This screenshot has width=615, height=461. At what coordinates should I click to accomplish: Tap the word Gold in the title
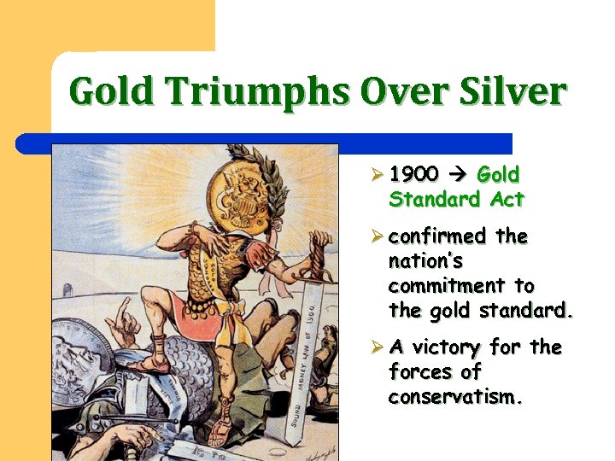[112, 91]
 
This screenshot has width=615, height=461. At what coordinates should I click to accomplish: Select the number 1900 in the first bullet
[414, 175]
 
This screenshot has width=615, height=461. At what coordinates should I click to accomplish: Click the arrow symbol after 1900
[458, 175]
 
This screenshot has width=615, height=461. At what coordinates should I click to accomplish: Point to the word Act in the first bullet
[507, 200]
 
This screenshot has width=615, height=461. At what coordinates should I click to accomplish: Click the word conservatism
[453, 397]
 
